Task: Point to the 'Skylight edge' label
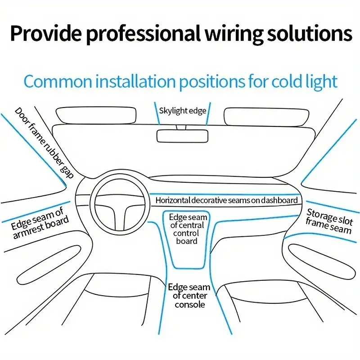183,111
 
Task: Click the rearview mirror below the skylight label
183,136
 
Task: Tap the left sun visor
95,115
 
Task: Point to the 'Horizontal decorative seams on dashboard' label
227,200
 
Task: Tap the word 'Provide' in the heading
43,34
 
